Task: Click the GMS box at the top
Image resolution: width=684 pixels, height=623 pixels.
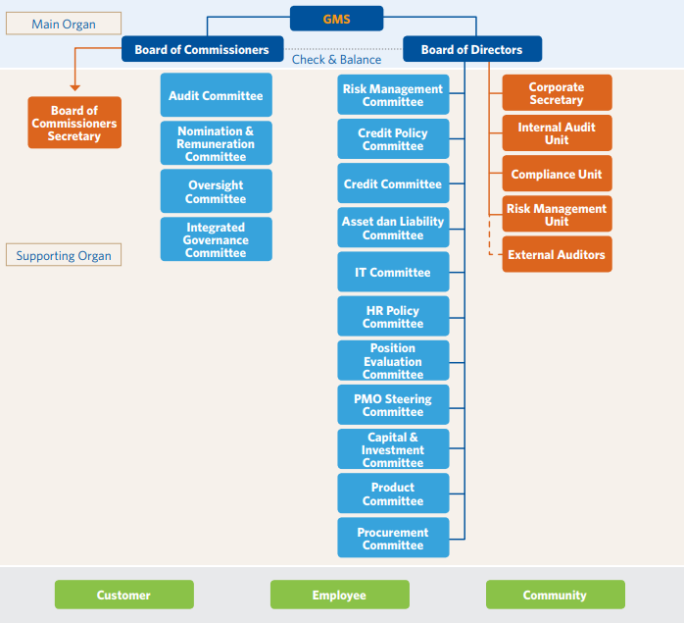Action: tap(336, 19)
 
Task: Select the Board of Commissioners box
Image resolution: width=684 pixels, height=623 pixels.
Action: tap(202, 49)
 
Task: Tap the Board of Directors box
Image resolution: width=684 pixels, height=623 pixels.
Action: tap(471, 49)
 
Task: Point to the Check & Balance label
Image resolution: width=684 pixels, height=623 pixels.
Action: tap(336, 60)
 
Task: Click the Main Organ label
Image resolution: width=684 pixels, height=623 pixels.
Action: tap(64, 24)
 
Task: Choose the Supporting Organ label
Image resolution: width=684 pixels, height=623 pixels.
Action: tap(64, 256)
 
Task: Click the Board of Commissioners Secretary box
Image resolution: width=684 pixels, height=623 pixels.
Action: tap(74, 123)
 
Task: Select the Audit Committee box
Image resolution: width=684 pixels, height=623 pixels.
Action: tap(216, 96)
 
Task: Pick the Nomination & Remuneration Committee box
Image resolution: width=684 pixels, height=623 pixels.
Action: tap(216, 143)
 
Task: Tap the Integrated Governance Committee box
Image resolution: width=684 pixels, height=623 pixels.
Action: tap(216, 239)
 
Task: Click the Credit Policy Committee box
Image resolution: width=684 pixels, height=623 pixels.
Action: tap(393, 139)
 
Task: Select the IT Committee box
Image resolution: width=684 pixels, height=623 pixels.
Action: tap(393, 272)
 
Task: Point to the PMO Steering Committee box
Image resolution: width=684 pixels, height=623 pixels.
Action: tap(393, 405)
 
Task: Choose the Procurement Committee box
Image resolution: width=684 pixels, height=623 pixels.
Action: tap(393, 539)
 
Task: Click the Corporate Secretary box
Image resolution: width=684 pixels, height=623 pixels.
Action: tap(557, 93)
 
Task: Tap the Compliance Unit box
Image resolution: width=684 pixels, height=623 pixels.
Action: tap(557, 174)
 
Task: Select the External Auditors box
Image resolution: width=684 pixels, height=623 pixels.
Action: tap(557, 254)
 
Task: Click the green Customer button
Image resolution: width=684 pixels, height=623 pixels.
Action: tap(123, 595)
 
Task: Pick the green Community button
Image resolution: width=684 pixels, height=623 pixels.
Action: tap(555, 595)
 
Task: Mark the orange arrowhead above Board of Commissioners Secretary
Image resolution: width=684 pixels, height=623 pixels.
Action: tap(74, 88)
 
